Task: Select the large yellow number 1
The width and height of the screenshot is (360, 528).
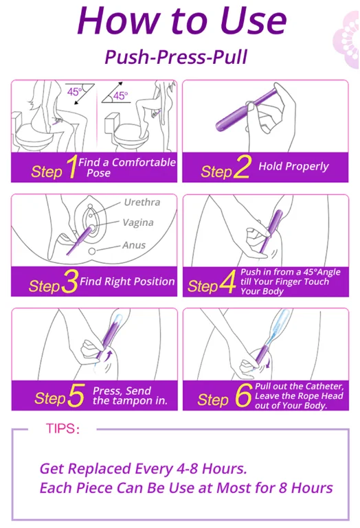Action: coord(72,166)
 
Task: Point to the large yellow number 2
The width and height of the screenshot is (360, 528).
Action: coord(243,166)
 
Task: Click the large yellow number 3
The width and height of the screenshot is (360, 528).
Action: coord(70,281)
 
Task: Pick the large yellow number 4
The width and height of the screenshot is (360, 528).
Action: coord(228,282)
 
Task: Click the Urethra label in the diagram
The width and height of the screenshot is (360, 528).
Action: coord(142,202)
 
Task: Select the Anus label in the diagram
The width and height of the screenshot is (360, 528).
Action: coord(134,245)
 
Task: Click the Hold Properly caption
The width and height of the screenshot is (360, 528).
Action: coord(293,166)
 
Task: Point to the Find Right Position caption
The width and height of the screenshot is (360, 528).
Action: coord(127,282)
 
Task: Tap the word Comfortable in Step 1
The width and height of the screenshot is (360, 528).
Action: coord(144,162)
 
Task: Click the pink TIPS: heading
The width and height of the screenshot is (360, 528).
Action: coord(63,428)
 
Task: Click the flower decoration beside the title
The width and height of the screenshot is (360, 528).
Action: coord(346,39)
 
